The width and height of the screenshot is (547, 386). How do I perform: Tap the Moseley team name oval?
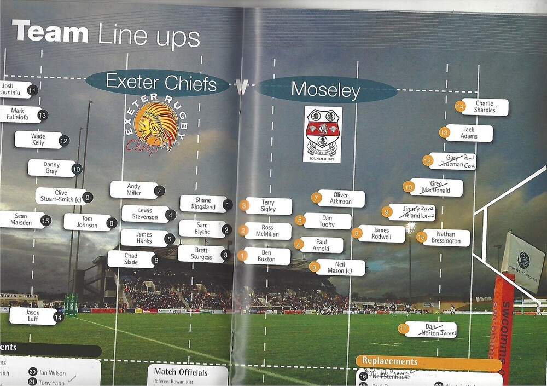click(x=326, y=89)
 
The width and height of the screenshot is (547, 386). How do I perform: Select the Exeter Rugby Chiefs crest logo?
click(x=154, y=125)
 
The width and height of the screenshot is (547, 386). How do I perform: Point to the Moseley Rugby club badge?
click(x=323, y=134)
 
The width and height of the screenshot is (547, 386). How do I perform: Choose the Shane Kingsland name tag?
click(x=203, y=204)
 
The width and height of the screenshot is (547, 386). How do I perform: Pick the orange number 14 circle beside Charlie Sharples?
click(x=461, y=107)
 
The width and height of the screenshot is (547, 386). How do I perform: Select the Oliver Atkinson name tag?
click(x=341, y=198)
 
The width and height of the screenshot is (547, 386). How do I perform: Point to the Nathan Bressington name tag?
click(x=446, y=238)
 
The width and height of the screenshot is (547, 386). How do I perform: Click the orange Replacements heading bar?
click(x=428, y=362)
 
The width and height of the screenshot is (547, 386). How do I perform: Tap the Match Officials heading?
click(x=181, y=373)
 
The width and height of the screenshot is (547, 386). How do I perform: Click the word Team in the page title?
click(x=50, y=33)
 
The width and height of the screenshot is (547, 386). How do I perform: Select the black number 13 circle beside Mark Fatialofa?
click(x=43, y=115)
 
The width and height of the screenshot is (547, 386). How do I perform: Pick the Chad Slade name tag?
click(x=131, y=259)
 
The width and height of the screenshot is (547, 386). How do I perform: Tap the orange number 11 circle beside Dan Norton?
click(x=404, y=329)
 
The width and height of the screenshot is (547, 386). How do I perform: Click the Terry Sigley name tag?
click(x=268, y=206)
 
